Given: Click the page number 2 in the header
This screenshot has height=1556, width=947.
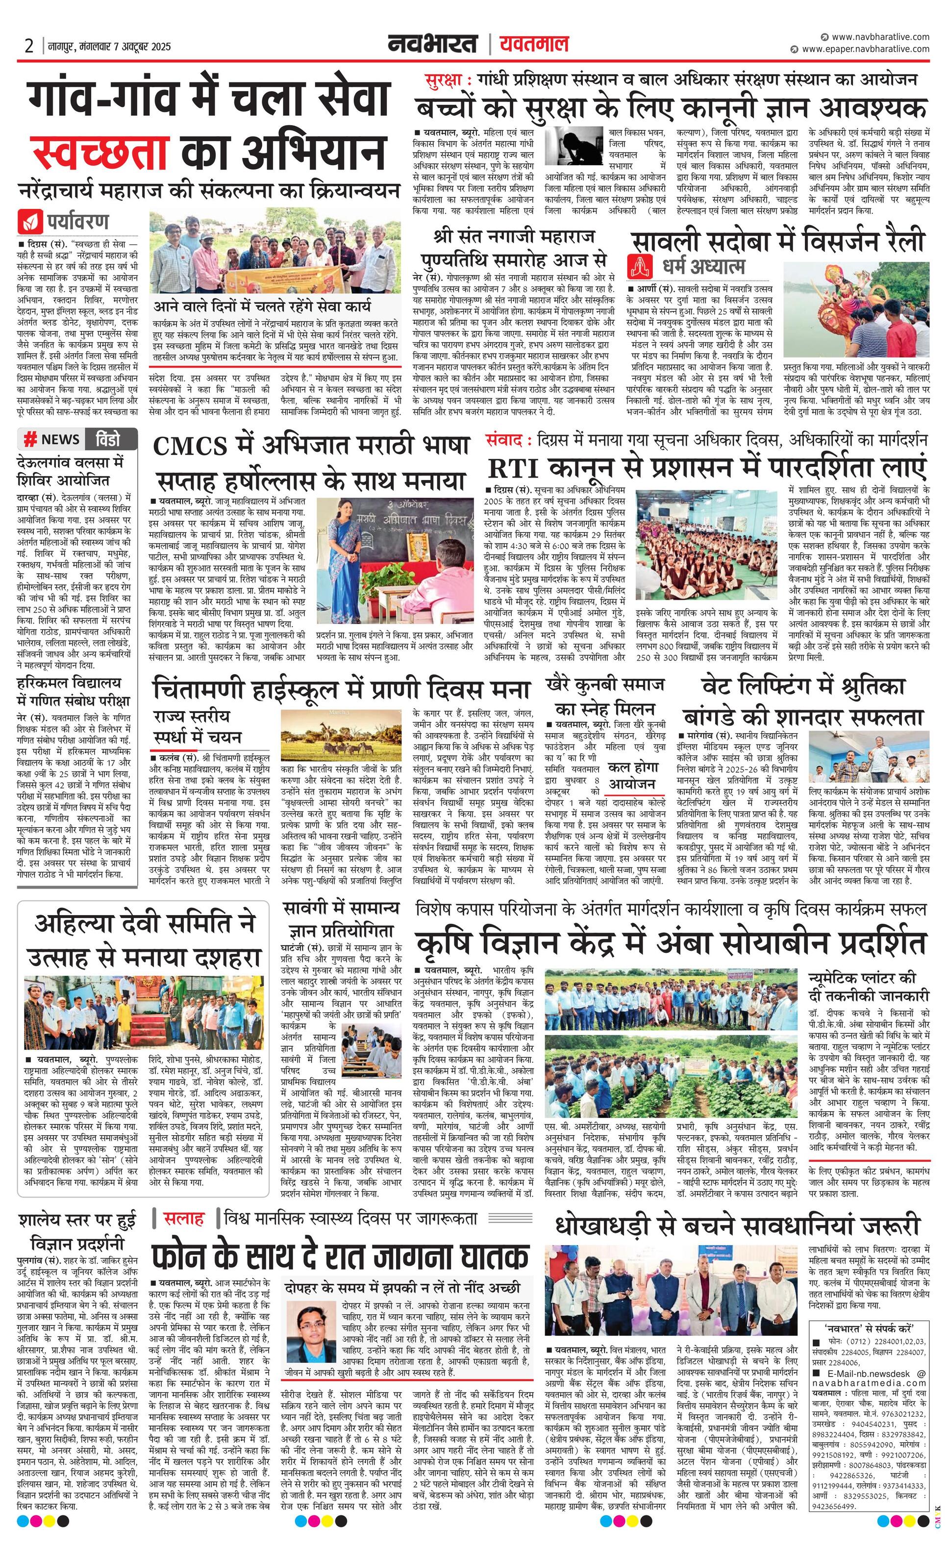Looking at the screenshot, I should coord(29,46).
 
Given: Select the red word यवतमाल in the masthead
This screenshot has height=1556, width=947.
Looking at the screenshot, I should coord(534,45).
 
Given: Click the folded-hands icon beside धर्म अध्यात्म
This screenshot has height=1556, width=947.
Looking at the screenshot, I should coord(640,266).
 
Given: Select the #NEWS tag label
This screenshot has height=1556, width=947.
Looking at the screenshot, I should coord(52,439).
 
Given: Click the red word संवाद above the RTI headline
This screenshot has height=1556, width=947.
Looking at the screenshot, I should coord(505,438).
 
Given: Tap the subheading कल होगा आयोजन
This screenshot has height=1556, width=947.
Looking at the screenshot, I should coord(631,775).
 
